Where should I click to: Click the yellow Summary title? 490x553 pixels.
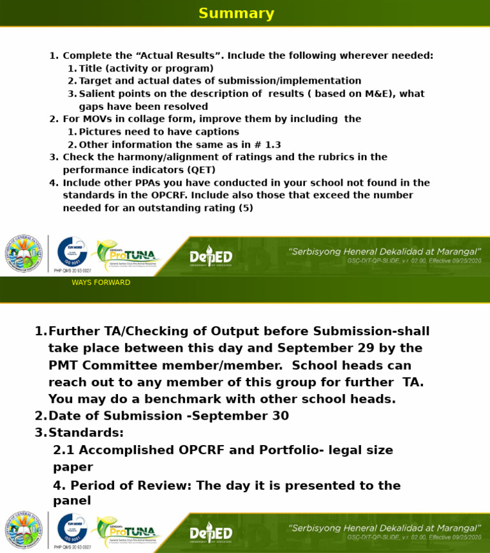[x=236, y=13]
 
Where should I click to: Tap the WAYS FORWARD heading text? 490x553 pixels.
[x=101, y=282]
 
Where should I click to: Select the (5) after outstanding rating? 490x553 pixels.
[x=246, y=208]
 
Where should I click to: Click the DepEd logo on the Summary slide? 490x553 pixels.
[x=211, y=258]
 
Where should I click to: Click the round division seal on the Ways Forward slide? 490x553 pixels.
[x=24, y=529]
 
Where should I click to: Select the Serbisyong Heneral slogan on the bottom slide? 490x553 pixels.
[x=385, y=528]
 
